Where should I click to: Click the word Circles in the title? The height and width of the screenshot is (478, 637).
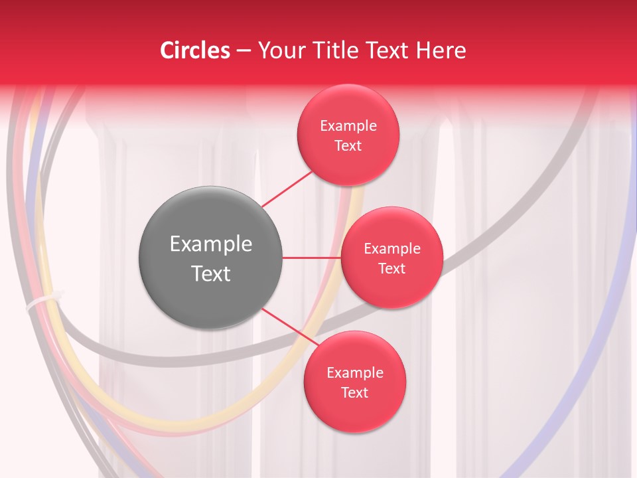click(x=194, y=50)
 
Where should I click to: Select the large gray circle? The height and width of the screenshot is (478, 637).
click(x=211, y=258)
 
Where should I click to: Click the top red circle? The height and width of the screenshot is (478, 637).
click(x=348, y=135)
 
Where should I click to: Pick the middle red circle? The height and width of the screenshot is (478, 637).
click(x=391, y=258)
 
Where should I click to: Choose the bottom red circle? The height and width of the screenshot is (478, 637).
click(x=354, y=382)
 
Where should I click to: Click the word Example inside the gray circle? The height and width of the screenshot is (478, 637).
click(x=211, y=244)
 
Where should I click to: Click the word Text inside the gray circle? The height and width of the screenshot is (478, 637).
click(x=211, y=273)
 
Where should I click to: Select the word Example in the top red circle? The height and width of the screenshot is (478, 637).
click(x=348, y=125)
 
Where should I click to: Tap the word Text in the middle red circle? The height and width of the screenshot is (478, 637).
click(x=391, y=268)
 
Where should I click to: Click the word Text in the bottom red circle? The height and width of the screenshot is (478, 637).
click(x=354, y=392)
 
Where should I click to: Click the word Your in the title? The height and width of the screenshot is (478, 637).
click(x=278, y=50)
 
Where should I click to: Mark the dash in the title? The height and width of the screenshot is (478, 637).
click(x=243, y=51)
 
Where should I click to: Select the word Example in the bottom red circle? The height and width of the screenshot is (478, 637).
click(x=355, y=372)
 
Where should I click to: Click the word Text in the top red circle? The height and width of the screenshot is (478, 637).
click(x=348, y=145)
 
